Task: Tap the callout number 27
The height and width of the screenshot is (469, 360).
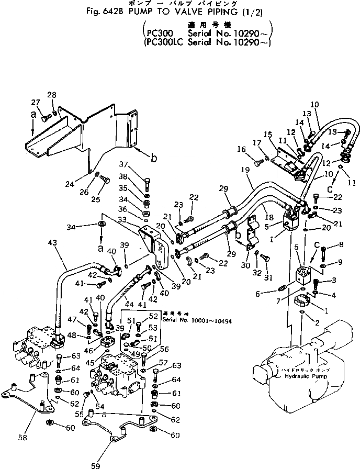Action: (35, 102)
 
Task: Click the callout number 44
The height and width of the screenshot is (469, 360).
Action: (128, 304)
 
